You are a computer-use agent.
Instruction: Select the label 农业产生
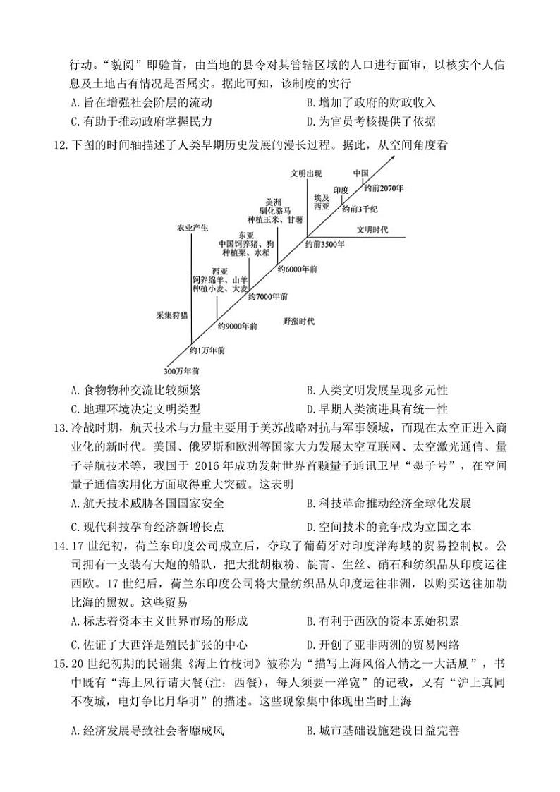click(192, 227)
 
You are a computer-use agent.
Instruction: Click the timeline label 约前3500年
click(325, 244)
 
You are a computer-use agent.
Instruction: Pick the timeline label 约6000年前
click(297, 269)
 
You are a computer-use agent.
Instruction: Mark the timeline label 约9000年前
click(237, 326)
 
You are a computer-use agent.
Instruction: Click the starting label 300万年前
click(181, 371)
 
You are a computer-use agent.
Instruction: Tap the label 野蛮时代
click(298, 322)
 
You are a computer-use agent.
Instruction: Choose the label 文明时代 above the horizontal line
click(372, 230)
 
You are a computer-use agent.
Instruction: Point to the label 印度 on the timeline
click(341, 190)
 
